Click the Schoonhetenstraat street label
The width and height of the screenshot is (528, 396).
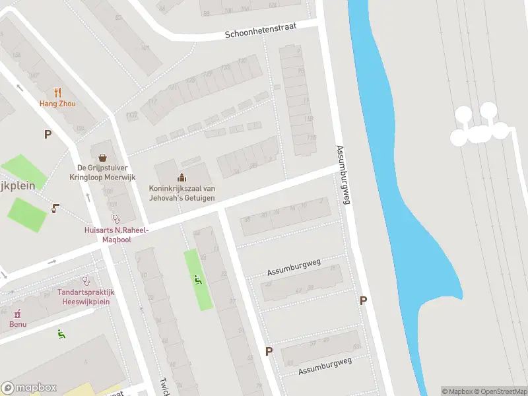click(x=260, y=30)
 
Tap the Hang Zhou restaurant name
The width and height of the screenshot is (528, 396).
click(x=57, y=104)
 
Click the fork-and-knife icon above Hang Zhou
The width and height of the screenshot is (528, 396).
click(x=57, y=93)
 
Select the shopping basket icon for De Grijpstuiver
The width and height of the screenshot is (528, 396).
click(x=103, y=158)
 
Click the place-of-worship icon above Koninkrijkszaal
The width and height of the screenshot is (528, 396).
click(x=181, y=177)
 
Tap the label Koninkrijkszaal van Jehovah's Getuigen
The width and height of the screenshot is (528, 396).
click(x=181, y=192)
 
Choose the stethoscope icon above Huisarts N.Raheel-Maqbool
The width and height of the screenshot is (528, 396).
click(x=116, y=218)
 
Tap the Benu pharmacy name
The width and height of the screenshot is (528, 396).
click(x=18, y=323)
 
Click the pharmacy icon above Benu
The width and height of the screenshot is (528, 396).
click(x=18, y=313)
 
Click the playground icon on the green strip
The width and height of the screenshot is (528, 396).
click(x=198, y=280)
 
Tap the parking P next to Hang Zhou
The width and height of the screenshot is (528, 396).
click(x=48, y=135)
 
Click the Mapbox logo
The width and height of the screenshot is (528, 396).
click(x=29, y=388)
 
